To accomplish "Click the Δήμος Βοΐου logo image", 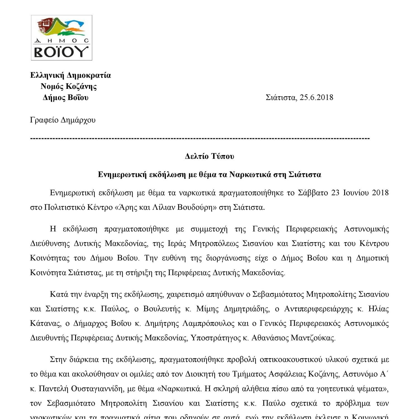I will [x=61, y=38].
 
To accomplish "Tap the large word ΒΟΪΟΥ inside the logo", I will [x=61, y=52].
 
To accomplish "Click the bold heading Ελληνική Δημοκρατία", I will [x=70, y=75].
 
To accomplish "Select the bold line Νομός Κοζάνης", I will [x=69, y=86].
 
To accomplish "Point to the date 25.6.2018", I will [x=316, y=97].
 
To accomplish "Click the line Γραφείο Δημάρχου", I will [x=63, y=120].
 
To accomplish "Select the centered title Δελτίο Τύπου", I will [x=209, y=156].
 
